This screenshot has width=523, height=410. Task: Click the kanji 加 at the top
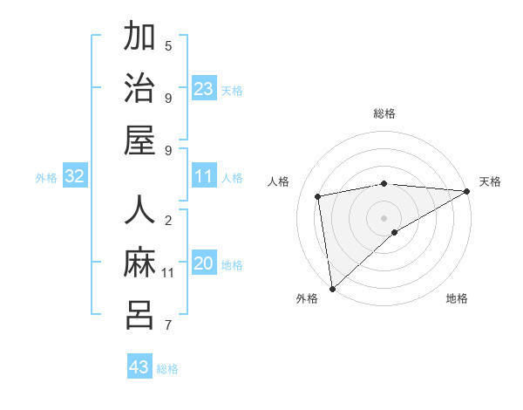click(x=139, y=38)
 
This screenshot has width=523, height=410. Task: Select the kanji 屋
click(x=139, y=140)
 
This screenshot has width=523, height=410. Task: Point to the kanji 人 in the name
click(x=139, y=211)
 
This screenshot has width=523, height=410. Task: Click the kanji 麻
click(x=139, y=263)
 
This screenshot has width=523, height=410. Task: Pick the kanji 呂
click(x=139, y=315)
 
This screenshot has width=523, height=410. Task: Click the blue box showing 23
click(x=204, y=89)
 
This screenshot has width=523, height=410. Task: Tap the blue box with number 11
click(x=204, y=176)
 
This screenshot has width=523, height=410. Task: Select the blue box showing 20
click(x=204, y=263)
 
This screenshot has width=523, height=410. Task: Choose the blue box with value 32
click(x=75, y=177)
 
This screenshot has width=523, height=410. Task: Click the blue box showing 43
click(x=139, y=367)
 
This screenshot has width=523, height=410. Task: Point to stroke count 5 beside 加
click(x=168, y=45)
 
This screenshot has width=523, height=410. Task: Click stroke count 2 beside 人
click(x=168, y=220)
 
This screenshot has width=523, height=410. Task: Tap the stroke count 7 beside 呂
click(x=168, y=326)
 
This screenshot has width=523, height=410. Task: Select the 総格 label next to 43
click(x=167, y=369)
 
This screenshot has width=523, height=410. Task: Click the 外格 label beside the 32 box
click(x=46, y=178)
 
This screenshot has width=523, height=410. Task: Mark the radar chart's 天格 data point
click(x=467, y=192)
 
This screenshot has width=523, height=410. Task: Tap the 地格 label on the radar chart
click(x=457, y=298)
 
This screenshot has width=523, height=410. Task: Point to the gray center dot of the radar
click(x=384, y=217)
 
